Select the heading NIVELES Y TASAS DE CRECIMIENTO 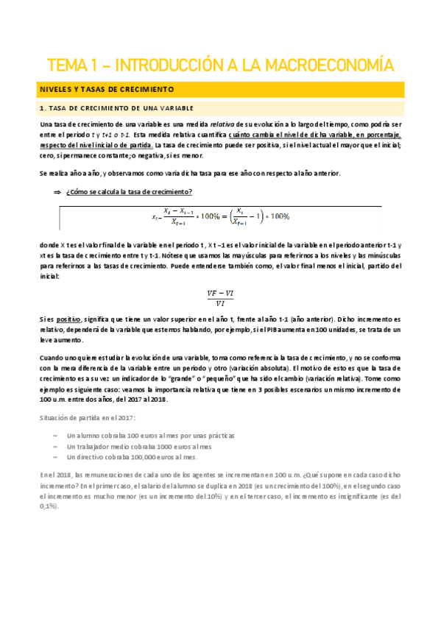(105, 89)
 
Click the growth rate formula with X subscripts (221, 217)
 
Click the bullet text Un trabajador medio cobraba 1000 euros (138, 446)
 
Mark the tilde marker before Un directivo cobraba (57, 457)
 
